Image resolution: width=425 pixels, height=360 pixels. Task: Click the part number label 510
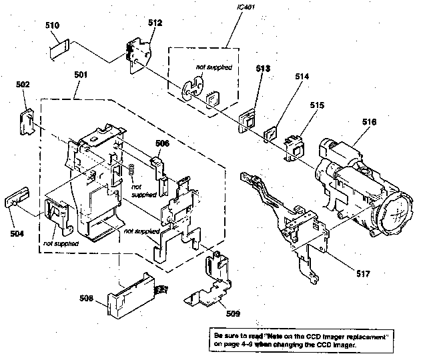[53, 24]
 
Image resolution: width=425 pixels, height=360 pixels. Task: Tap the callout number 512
[155, 22]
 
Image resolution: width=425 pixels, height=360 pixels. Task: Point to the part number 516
[369, 122]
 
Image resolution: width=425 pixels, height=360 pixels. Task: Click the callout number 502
[23, 85]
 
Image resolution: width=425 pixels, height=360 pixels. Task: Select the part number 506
[163, 143]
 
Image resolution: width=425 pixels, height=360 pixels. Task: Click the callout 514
[302, 77]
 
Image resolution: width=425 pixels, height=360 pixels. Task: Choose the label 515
[316, 105]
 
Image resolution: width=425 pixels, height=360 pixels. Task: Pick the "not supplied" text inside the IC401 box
[210, 66]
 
